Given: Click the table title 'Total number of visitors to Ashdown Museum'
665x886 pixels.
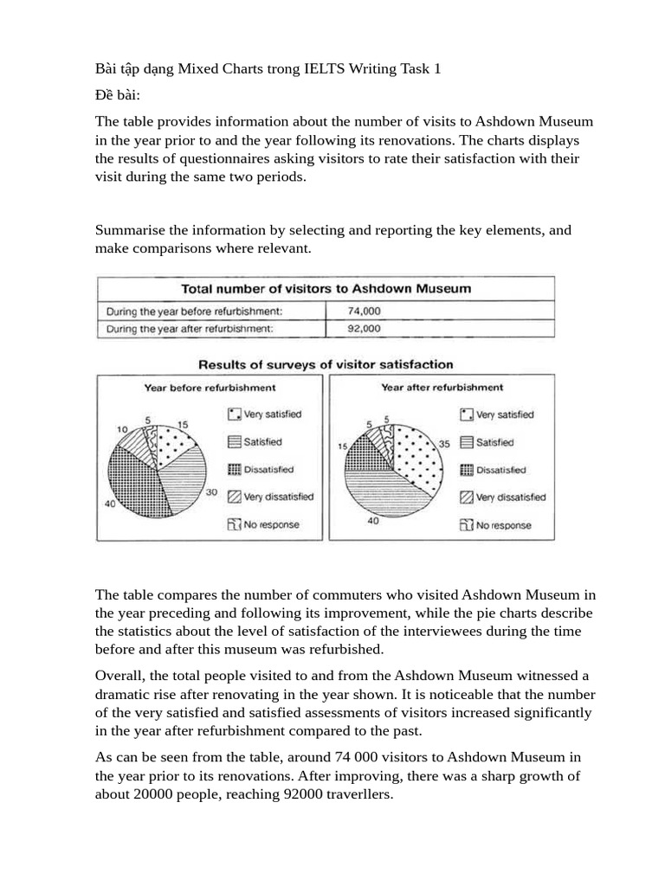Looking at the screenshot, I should tap(325, 288).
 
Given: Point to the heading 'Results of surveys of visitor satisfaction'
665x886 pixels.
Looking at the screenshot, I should tap(326, 364).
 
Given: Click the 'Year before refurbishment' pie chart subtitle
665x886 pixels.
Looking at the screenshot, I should tap(210, 388).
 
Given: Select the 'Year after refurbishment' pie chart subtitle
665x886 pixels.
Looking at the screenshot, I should tap(442, 388).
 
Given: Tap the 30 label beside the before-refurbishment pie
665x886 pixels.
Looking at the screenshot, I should tap(210, 493).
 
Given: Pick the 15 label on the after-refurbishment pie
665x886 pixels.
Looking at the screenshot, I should tap(342, 446).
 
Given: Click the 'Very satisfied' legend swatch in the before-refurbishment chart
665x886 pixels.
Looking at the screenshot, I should tap(234, 414).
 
